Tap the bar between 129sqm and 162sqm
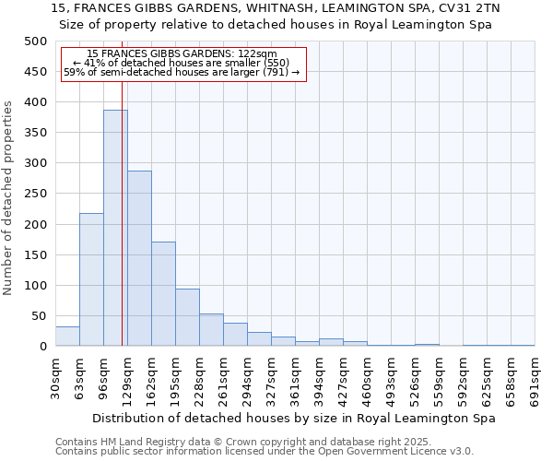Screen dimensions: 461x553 pos(139,258)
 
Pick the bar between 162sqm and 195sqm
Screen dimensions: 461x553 pos(163,293)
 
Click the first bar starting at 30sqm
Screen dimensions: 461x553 pos(67,337)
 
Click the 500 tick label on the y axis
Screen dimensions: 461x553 pos(36,41)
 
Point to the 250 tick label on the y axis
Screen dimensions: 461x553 pos(36,194)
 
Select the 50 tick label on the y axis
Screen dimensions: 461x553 pos(40,316)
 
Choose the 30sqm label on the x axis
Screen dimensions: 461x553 pos(55,379)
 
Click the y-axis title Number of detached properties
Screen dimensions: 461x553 pos(9,194)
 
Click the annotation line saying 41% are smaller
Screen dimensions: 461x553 pos(182,64)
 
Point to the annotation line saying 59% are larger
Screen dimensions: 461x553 pos(182,73)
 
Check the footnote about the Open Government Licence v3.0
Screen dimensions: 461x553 pos(265,452)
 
